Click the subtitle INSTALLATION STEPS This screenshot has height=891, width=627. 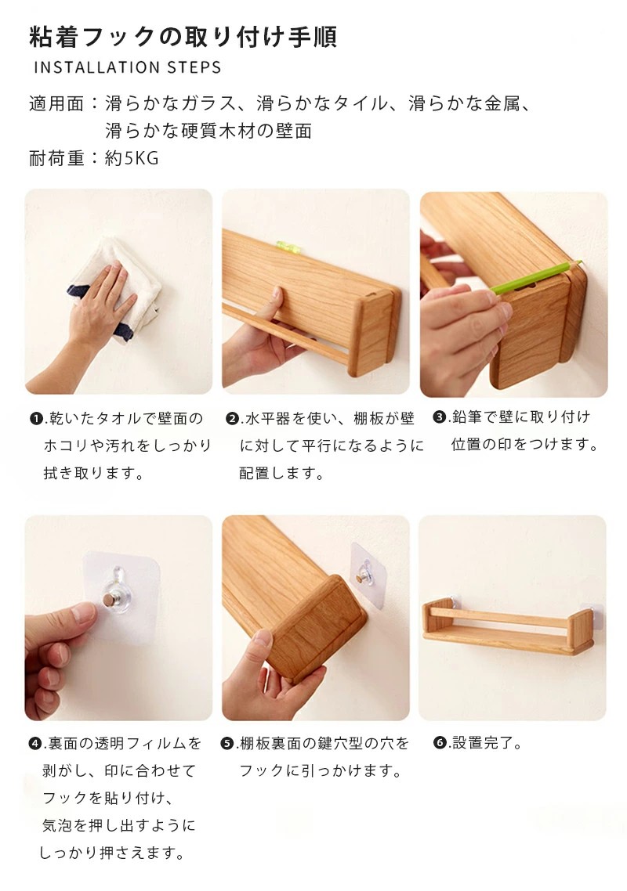(x=128, y=67)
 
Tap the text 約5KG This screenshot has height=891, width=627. (x=132, y=158)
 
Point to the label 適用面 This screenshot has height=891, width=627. (x=56, y=104)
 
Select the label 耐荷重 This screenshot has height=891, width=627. (x=56, y=158)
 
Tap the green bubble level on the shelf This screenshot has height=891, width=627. (x=288, y=246)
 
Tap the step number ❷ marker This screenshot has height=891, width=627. (x=232, y=419)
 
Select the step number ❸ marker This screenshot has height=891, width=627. (x=439, y=417)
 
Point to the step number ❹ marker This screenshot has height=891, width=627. (x=35, y=743)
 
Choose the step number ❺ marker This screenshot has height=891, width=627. (x=227, y=743)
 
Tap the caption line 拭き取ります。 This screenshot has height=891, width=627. (x=95, y=473)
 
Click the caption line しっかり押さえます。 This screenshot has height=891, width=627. (x=112, y=853)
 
